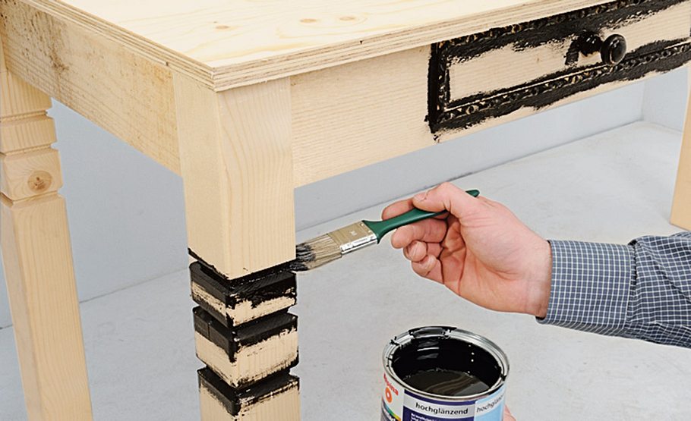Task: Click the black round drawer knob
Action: (x=612, y=49)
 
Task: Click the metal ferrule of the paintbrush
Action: (x=353, y=237)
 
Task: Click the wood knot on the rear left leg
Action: (x=39, y=181)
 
